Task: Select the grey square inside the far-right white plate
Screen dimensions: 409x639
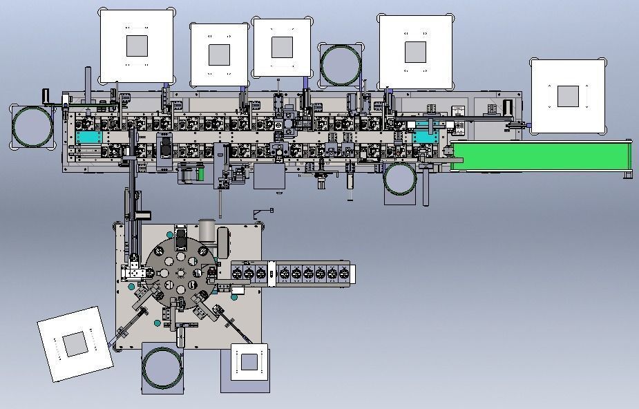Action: tap(568, 97)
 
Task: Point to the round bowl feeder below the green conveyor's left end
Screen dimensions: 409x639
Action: tap(401, 180)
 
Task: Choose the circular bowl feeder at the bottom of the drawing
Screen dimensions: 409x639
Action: tap(162, 370)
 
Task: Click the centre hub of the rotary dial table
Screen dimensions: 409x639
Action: tap(179, 273)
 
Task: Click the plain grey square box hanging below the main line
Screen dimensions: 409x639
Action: tap(269, 177)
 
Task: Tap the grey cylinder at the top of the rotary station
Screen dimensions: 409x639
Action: tap(207, 229)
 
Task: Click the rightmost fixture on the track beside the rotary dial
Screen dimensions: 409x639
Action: tap(345, 272)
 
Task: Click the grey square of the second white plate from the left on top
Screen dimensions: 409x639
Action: tap(219, 54)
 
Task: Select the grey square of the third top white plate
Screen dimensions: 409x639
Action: tap(282, 47)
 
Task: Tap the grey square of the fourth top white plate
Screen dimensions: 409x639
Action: tap(415, 51)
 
